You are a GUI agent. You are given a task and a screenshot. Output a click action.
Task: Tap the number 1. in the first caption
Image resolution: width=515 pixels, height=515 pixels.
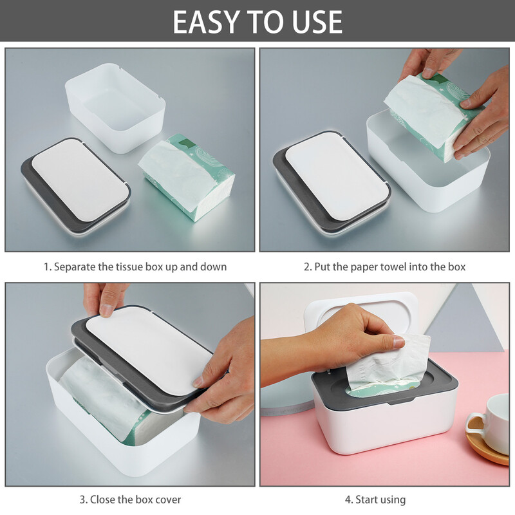click(x=47, y=267)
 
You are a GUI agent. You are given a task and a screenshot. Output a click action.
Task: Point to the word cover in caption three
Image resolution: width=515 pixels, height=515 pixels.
click(x=166, y=499)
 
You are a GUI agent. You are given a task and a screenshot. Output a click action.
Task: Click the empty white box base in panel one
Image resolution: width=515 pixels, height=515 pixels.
click(x=116, y=106)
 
